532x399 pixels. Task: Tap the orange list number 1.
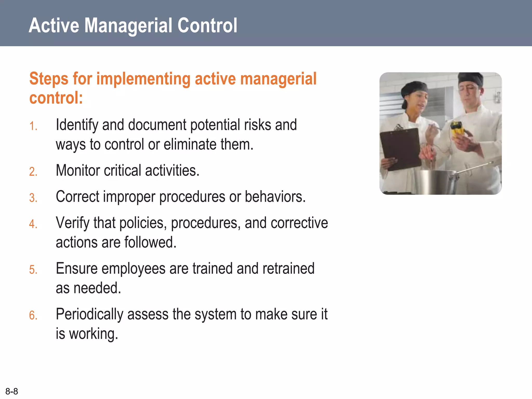coord(33,126)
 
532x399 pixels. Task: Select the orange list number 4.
coord(33,224)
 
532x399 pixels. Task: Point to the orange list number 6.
coord(33,316)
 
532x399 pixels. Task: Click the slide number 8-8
coord(12,391)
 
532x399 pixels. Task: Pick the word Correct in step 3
coord(77,197)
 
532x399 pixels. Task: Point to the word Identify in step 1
coord(77,125)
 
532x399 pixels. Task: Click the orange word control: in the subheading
coord(56,98)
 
